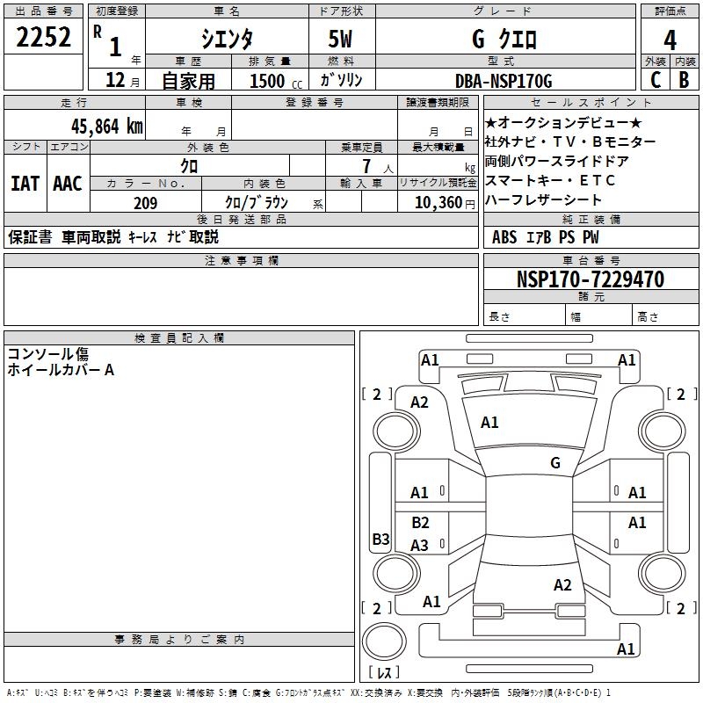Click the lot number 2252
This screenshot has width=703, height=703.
tap(43, 39)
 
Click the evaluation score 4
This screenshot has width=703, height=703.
tap(670, 40)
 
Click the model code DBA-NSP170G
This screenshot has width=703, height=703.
tap(504, 81)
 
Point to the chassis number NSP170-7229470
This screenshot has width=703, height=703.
tap(590, 279)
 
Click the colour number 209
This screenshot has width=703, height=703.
tap(145, 203)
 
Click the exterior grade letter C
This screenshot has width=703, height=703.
tap(654, 80)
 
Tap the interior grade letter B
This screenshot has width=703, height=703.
tap(684, 80)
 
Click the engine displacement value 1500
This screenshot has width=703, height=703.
tap(266, 81)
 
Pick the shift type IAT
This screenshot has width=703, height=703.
tap(25, 184)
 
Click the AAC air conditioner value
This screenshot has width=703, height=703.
tap(67, 184)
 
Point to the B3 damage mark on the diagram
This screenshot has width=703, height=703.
tap(380, 540)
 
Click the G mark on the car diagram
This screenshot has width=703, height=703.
tap(554, 463)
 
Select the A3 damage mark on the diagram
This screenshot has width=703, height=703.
tap(420, 546)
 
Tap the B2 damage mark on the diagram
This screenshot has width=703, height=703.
tap(420, 523)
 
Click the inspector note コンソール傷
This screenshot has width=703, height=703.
tap(47, 354)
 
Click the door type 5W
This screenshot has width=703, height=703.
tap(342, 40)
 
